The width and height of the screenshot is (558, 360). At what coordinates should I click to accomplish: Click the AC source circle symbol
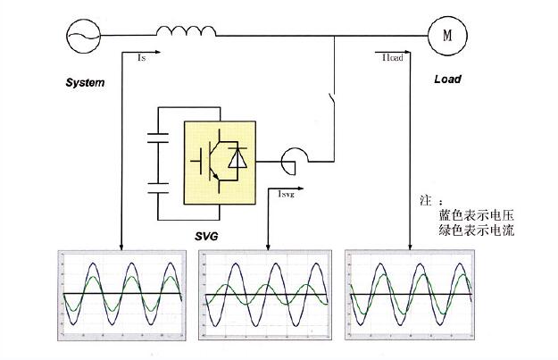[83, 36]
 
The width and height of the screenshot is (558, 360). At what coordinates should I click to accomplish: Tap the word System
[85, 82]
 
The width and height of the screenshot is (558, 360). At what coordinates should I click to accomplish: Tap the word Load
[447, 79]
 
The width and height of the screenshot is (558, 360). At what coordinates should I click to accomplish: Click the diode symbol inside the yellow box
[238, 160]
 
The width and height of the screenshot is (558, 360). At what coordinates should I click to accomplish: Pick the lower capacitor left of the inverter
[158, 190]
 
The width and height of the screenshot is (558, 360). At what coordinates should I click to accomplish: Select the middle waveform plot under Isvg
[265, 294]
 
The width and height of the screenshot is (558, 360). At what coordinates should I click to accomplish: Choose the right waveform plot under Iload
[409, 294]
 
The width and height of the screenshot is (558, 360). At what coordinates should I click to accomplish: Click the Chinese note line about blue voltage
[476, 215]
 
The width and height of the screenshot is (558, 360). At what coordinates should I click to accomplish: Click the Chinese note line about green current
[476, 230]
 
